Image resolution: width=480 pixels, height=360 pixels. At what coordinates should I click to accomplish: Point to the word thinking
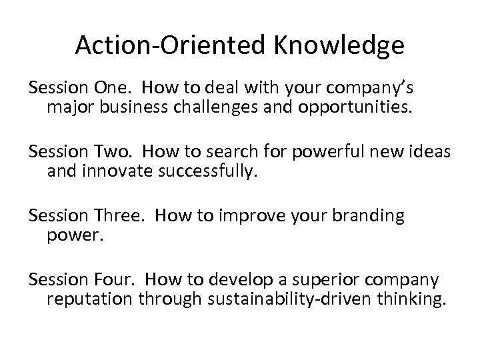tap(409, 299)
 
